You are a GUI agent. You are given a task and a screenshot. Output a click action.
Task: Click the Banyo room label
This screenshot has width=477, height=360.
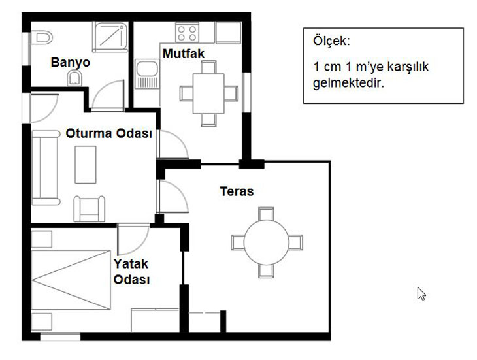[71, 62]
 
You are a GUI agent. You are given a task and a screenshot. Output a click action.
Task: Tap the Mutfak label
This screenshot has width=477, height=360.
[184, 54]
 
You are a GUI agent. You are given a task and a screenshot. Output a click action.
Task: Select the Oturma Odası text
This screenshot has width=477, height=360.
[108, 133]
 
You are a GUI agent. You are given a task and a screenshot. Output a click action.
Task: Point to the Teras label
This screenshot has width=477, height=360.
[237, 191]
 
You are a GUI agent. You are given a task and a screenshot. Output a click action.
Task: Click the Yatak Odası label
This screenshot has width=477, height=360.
[131, 272]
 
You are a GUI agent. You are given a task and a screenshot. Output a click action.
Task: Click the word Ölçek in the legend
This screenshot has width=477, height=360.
[331, 41]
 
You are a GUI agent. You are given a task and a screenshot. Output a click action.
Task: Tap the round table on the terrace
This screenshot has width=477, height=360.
[266, 242]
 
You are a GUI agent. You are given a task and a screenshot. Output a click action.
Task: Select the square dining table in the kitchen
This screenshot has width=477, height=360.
[208, 93]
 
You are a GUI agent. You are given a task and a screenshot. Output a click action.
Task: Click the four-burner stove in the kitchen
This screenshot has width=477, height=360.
[187, 33]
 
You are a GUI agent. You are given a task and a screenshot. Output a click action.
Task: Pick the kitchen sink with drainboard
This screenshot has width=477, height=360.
[147, 74]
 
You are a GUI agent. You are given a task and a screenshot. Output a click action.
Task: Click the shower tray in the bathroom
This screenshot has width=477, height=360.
[110, 37]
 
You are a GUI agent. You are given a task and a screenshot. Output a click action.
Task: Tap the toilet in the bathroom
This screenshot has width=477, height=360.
[41, 38]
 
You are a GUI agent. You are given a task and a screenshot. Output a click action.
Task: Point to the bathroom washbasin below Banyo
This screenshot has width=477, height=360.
[74, 78]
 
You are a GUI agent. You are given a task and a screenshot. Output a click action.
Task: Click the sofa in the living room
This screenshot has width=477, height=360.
[46, 167]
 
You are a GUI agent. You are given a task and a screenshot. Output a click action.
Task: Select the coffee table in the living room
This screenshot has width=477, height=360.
[86, 165]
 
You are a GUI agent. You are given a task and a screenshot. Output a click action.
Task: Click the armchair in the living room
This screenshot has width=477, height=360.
[90, 208]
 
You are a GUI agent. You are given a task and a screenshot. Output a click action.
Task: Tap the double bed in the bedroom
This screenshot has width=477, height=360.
[71, 280]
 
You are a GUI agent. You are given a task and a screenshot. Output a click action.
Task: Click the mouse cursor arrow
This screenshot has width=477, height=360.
[421, 293]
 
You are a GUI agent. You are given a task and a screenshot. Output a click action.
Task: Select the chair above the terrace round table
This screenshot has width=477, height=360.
[266, 214]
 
